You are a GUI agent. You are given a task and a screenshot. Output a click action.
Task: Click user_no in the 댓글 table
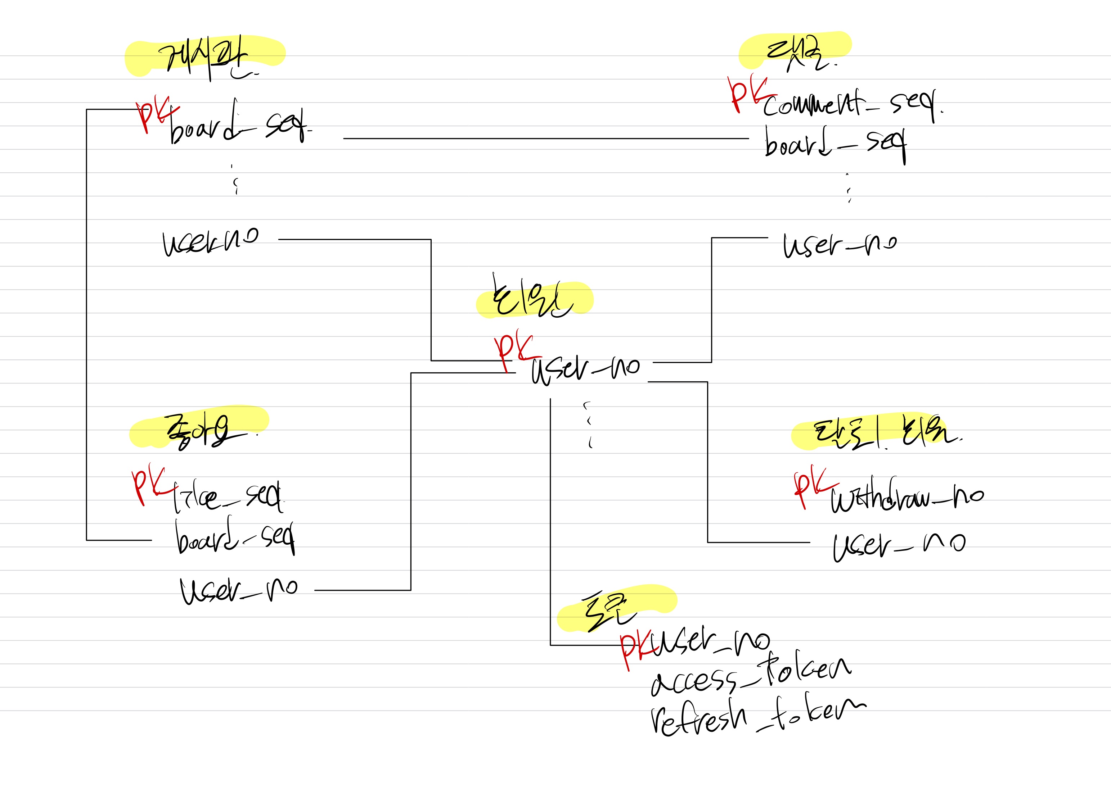point(840,244)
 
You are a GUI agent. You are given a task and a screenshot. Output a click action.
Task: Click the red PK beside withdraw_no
point(813,486)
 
